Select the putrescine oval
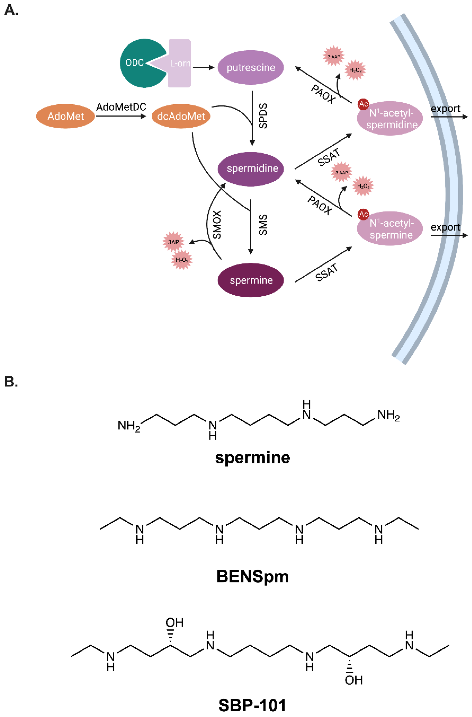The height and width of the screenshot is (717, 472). click(x=251, y=67)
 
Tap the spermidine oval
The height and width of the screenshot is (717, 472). click(x=251, y=169)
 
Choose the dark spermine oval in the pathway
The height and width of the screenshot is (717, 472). click(x=251, y=280)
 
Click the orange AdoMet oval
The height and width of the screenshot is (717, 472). click(x=66, y=116)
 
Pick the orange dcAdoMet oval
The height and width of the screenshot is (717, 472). click(x=181, y=116)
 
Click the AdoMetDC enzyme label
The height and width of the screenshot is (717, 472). click(x=121, y=107)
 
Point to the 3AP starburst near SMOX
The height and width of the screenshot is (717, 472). click(x=173, y=242)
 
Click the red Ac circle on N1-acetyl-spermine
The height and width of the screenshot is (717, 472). click(x=363, y=214)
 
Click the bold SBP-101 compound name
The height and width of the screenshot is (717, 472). click(x=252, y=705)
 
